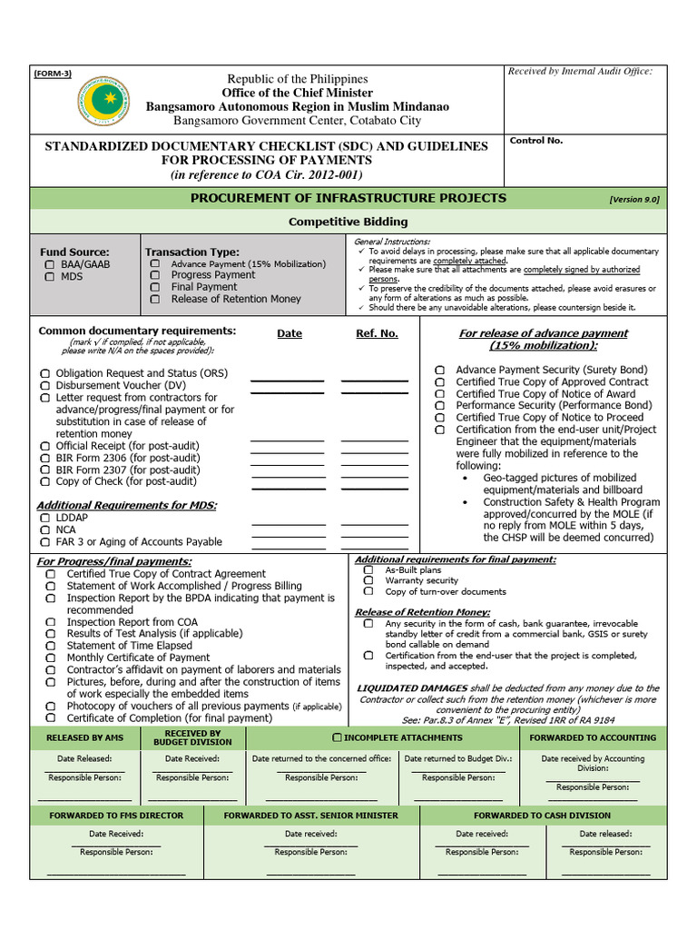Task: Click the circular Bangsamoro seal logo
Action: coord(103,101)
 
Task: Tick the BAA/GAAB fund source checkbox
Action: coord(49,264)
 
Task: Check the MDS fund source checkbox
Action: coord(49,276)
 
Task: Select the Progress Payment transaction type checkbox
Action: coord(155,275)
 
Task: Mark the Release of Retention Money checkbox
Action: coord(155,299)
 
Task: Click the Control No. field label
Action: coord(536,141)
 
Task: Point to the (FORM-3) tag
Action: coord(53,74)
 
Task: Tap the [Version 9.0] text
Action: coord(634,199)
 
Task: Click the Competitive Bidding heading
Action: coord(348,222)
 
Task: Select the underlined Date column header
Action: coord(290,333)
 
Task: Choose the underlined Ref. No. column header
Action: coord(377,333)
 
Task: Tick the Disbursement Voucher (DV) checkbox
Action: coord(45,386)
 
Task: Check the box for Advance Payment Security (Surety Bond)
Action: coord(440,371)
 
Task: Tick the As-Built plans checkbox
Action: coord(368,569)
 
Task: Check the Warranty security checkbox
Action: coord(368,580)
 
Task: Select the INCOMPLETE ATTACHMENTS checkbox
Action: coord(338,737)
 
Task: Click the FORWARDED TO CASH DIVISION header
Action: coord(542,816)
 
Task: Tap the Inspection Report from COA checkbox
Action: coord(51,622)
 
